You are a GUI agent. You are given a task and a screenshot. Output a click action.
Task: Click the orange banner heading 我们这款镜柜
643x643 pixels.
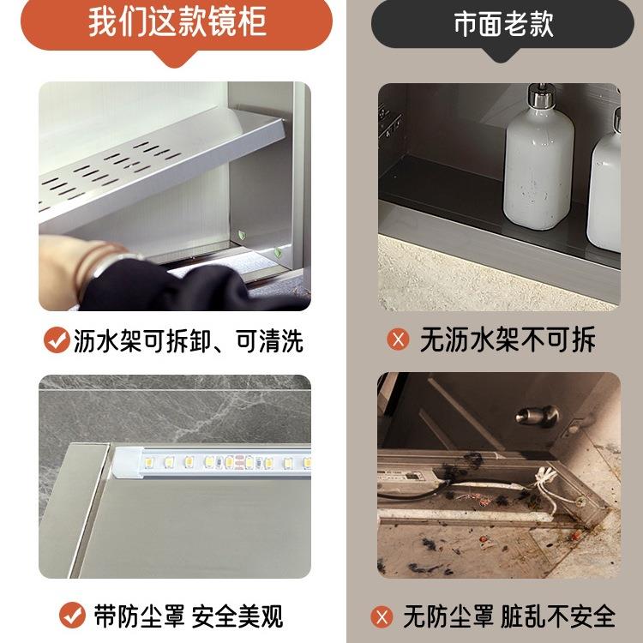click(x=177, y=21)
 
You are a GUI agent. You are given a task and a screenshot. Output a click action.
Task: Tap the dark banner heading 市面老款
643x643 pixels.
click(x=503, y=24)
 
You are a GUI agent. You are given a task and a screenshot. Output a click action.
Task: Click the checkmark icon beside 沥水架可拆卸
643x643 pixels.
click(x=57, y=340)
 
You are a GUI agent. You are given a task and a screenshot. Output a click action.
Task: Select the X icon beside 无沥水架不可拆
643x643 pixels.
click(x=398, y=340)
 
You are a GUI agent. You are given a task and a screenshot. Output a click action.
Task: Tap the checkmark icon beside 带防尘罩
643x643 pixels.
click(x=72, y=615)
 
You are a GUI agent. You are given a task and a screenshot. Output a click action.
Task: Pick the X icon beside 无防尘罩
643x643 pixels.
click(x=382, y=616)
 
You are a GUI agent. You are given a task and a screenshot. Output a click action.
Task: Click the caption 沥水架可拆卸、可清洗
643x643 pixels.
click(x=189, y=340)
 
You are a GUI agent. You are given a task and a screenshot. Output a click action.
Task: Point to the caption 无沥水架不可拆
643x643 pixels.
click(x=508, y=340)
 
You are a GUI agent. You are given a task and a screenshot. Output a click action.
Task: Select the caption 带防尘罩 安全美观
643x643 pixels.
click(x=189, y=616)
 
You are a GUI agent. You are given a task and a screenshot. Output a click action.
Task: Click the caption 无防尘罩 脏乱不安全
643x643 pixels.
click(x=509, y=616)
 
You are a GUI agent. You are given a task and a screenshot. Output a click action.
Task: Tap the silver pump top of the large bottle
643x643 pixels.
click(x=541, y=96)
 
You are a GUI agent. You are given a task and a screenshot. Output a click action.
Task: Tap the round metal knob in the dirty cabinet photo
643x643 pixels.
click(x=538, y=416)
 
